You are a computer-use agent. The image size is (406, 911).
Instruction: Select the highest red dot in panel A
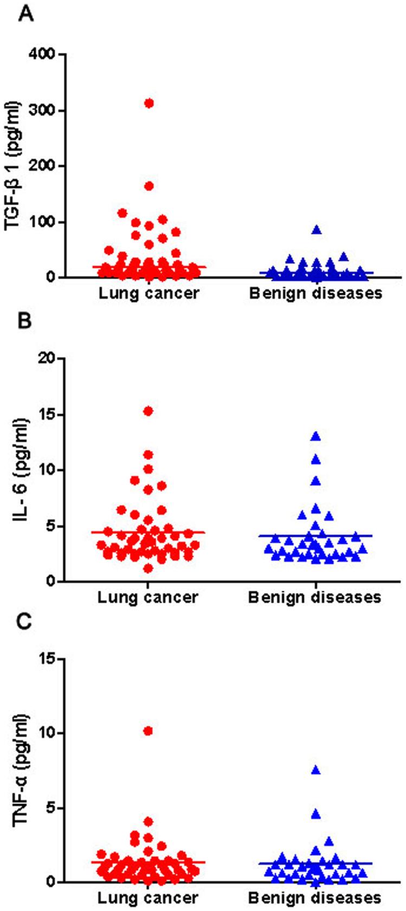[149, 103]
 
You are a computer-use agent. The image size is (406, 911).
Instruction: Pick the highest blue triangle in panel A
[317, 230]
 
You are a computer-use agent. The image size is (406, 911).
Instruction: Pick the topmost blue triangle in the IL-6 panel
[315, 436]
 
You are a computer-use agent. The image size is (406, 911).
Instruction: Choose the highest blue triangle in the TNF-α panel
[315, 770]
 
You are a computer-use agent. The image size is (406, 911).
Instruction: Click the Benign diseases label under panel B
[315, 598]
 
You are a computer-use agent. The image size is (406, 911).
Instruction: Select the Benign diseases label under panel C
[315, 899]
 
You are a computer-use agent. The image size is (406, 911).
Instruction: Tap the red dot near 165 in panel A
[149, 186]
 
